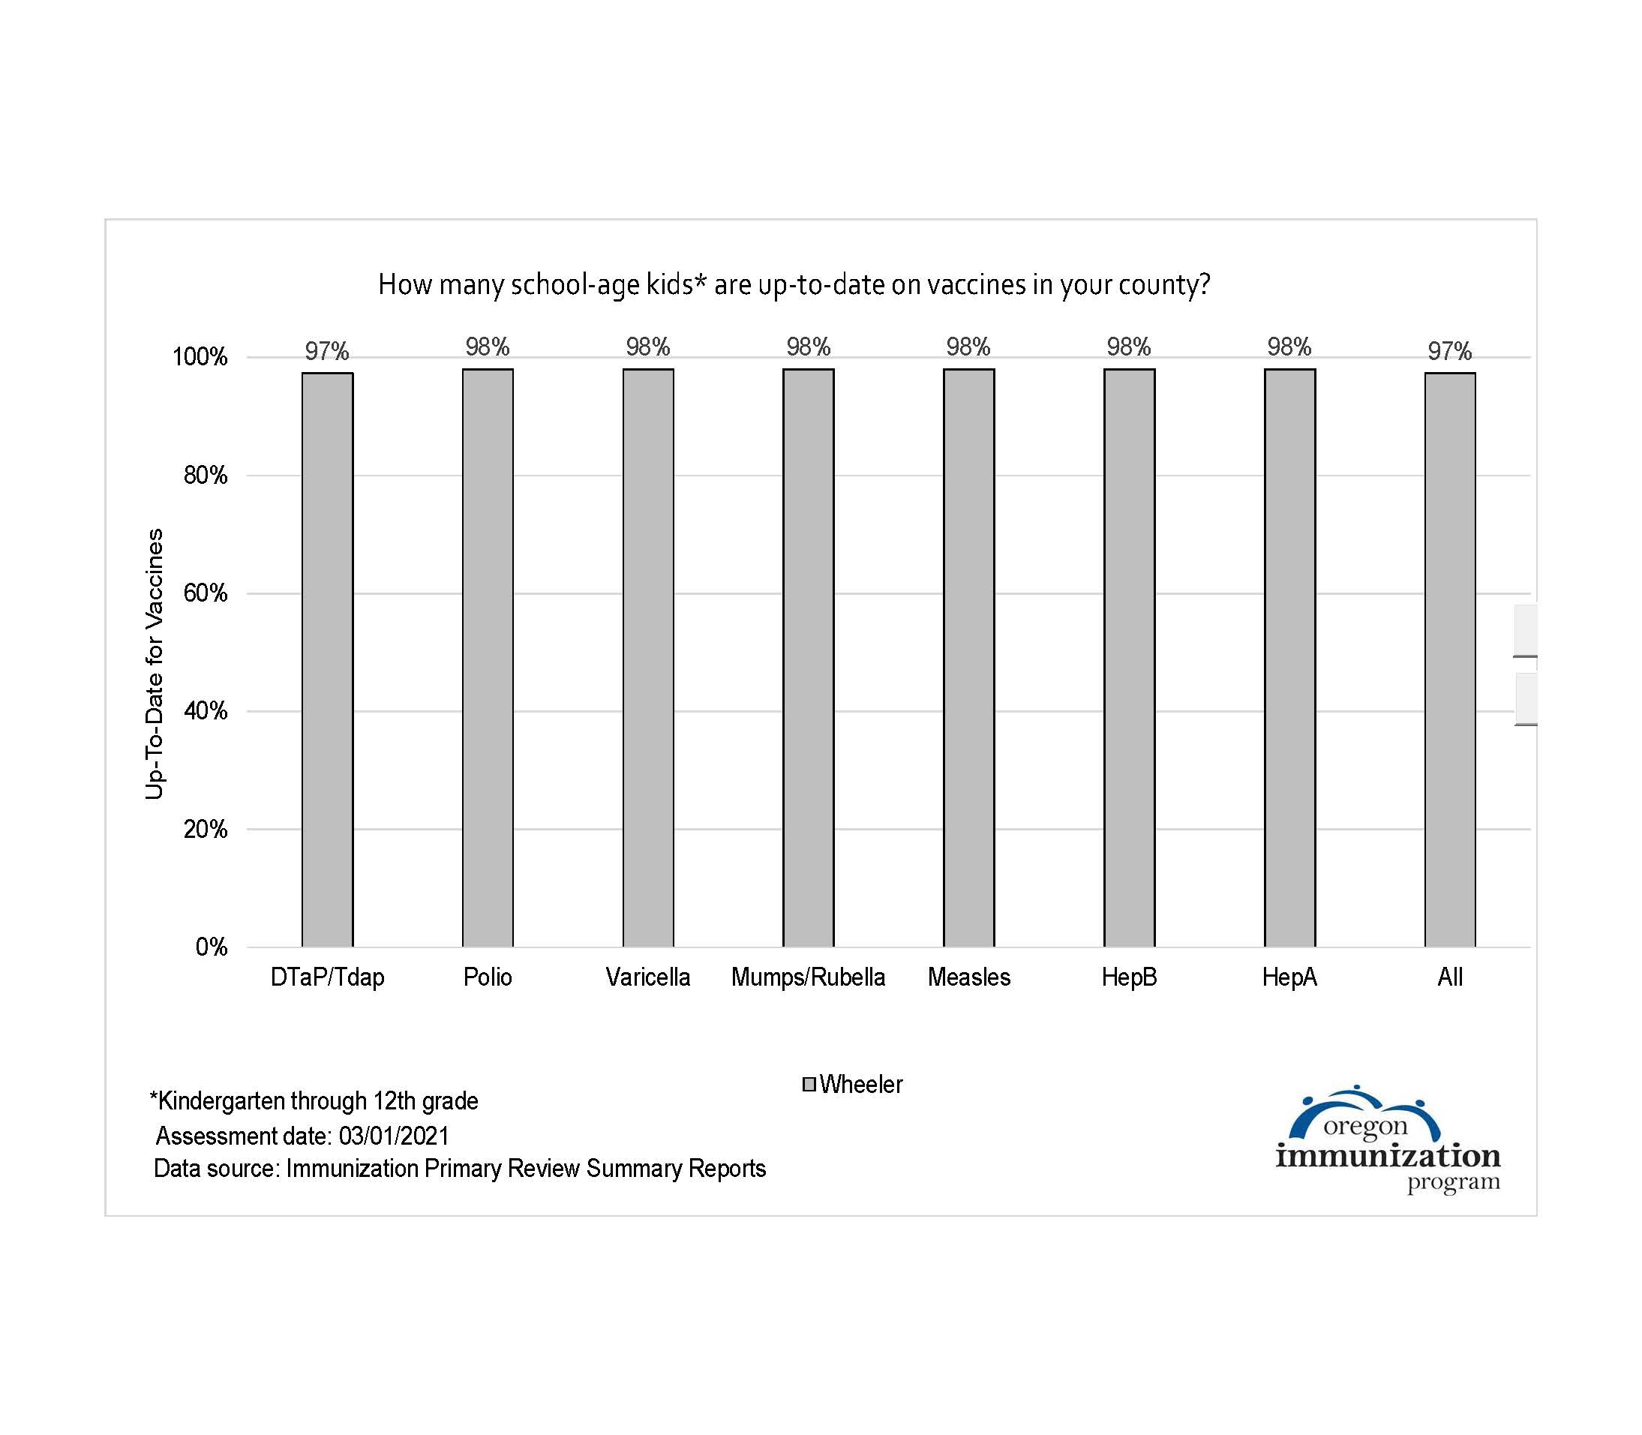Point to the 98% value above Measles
pyautogui.click(x=968, y=347)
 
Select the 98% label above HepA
pyautogui.click(x=1289, y=347)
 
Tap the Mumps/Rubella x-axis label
pyautogui.click(x=808, y=977)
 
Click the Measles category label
pyautogui.click(x=968, y=977)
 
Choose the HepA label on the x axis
pyautogui.click(x=1289, y=977)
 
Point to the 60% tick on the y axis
pyautogui.click(x=206, y=593)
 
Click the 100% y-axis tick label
pyautogui.click(x=200, y=357)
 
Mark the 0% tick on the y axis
pyautogui.click(x=212, y=947)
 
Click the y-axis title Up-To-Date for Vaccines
pyautogui.click(x=154, y=663)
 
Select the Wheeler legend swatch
pyautogui.click(x=809, y=1084)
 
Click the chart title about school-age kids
pyautogui.click(x=794, y=284)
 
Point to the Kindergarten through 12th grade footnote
pyautogui.click(x=314, y=1101)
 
